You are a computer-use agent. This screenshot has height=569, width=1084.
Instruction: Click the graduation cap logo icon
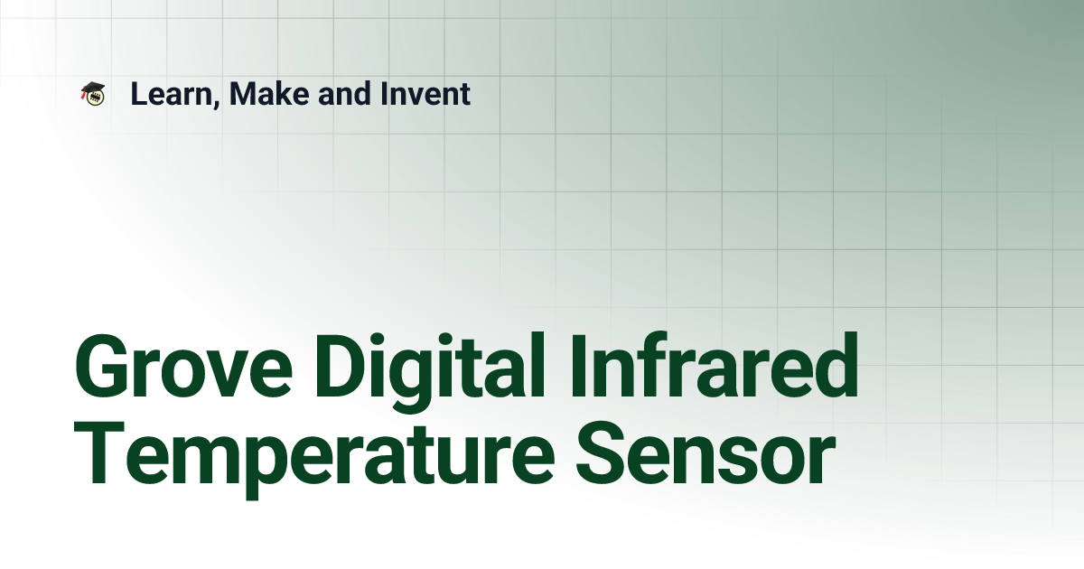click(92, 93)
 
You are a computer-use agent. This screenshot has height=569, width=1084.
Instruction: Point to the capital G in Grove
click(102, 369)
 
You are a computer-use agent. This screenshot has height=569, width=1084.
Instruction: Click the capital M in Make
click(242, 94)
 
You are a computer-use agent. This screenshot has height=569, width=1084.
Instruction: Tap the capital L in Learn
click(138, 94)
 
